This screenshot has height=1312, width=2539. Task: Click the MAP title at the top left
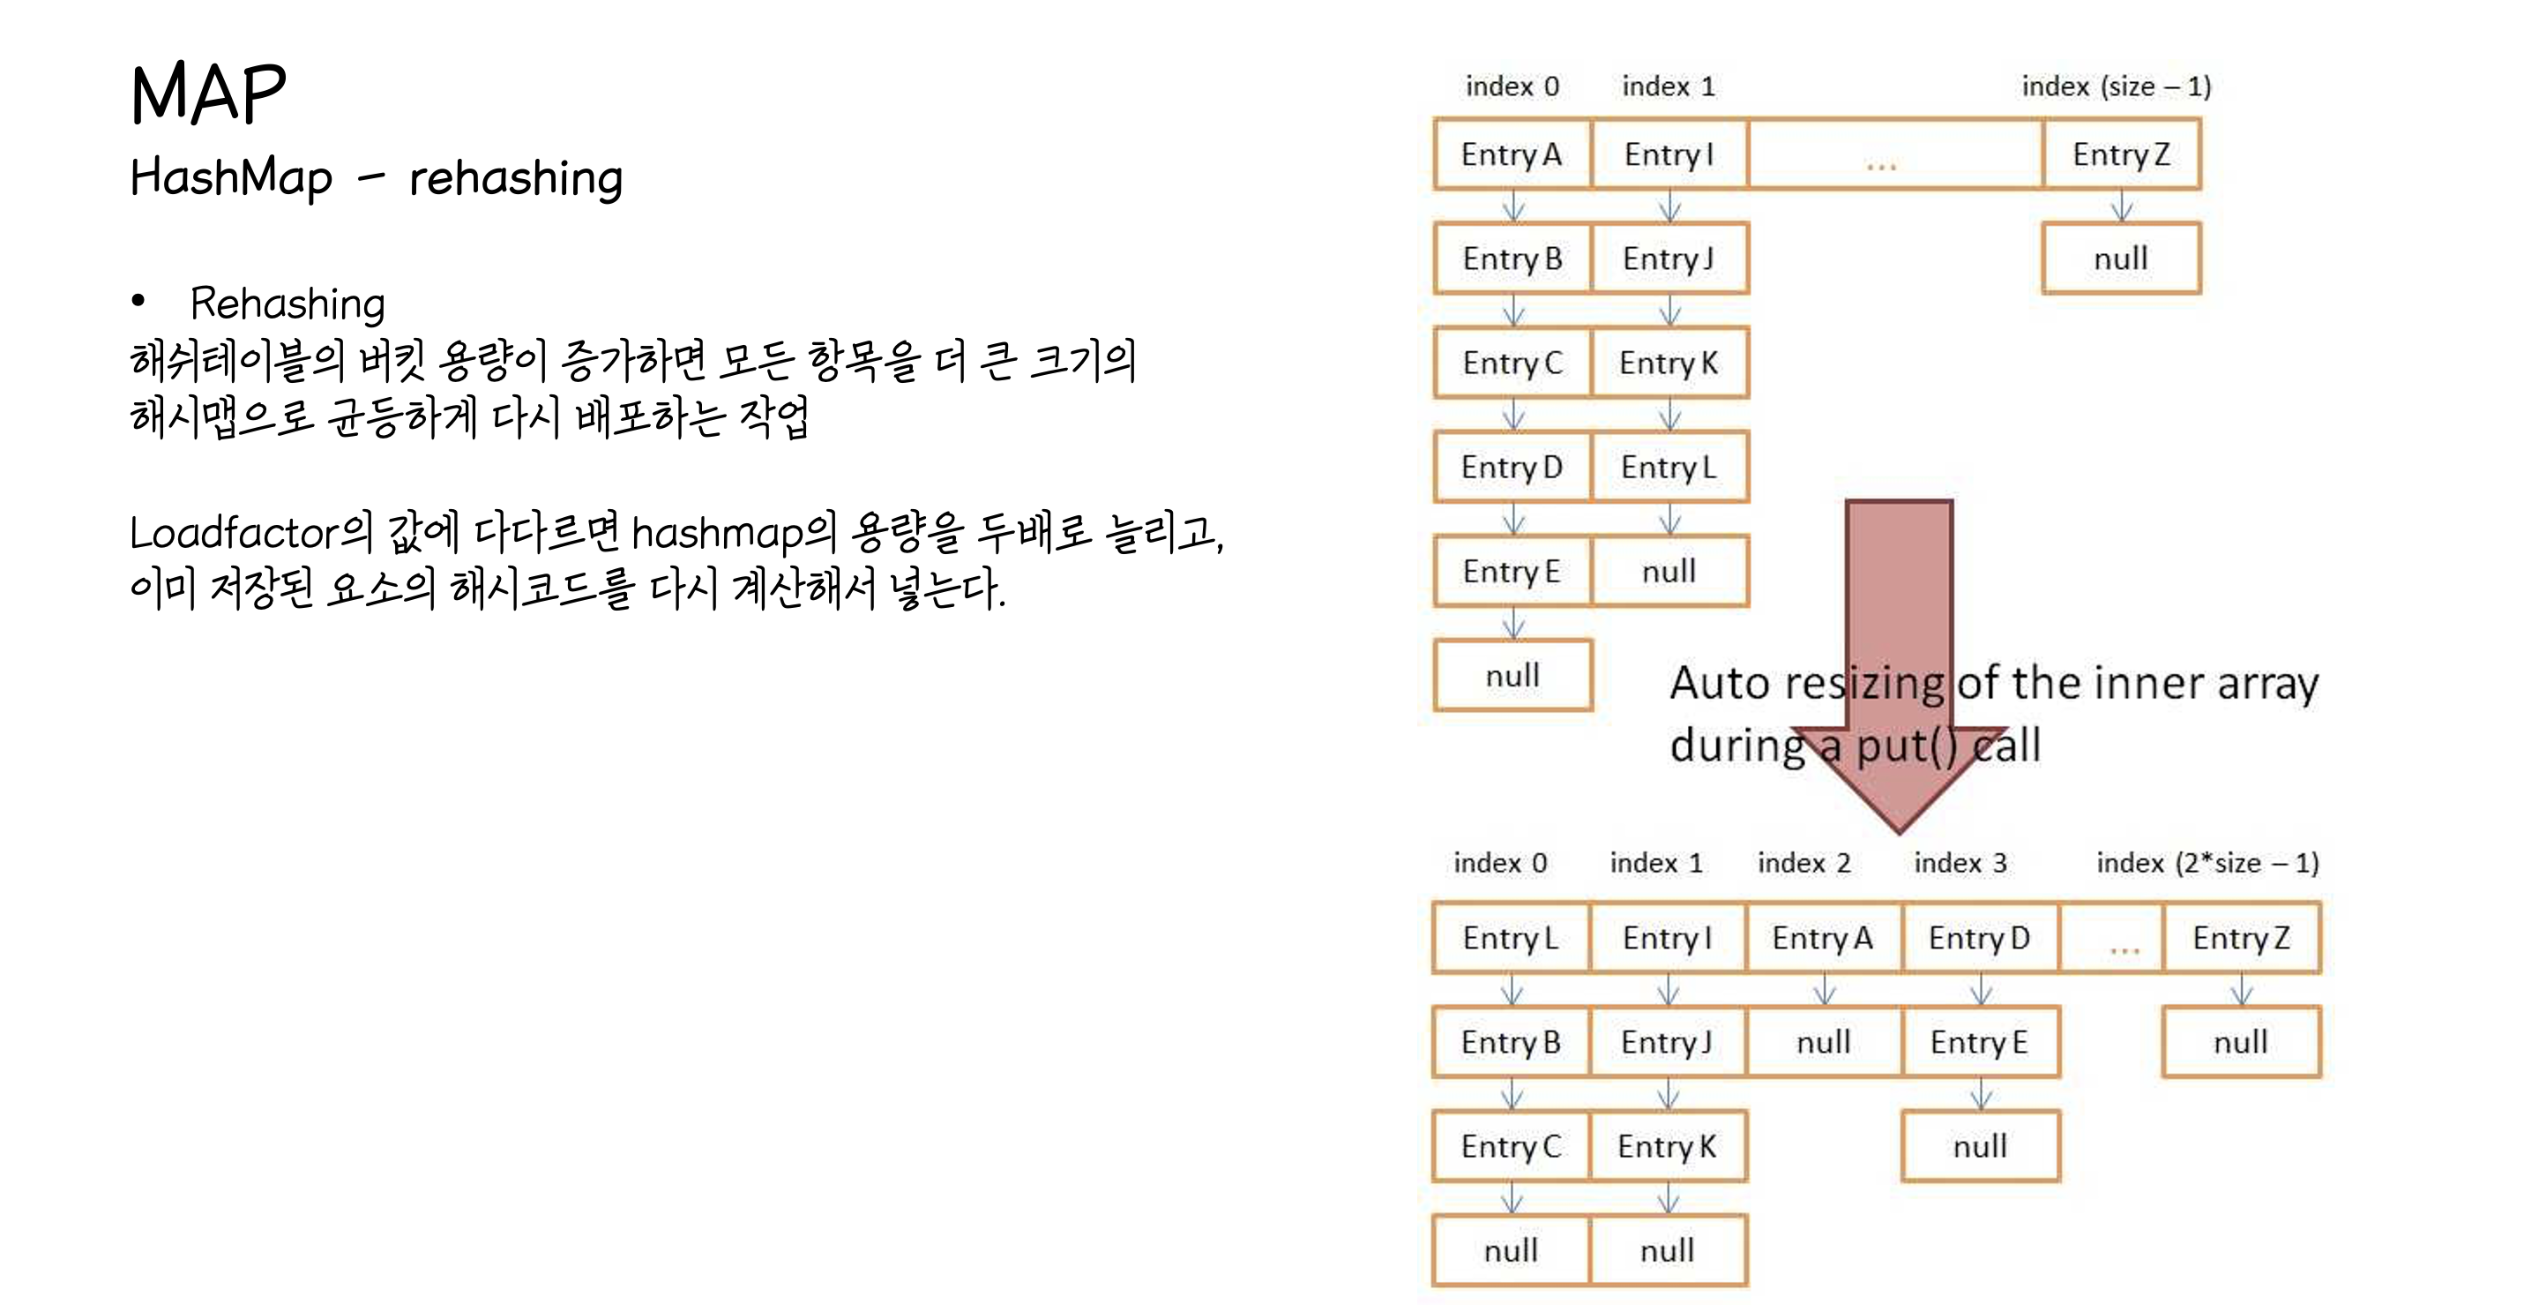click(208, 94)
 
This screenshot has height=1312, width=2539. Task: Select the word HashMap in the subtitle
click(231, 178)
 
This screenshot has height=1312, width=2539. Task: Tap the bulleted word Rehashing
click(287, 304)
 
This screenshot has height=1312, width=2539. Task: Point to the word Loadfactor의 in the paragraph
click(250, 533)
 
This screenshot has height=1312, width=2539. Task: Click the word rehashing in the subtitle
click(516, 178)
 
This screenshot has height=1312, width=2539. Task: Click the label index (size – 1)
click(2117, 86)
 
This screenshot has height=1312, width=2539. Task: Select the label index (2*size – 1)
click(2207, 864)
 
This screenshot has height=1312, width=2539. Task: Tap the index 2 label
click(1803, 864)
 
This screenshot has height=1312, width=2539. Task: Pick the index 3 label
click(1960, 864)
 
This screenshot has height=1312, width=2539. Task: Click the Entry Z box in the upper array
click(2121, 154)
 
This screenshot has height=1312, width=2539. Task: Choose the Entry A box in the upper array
click(1512, 154)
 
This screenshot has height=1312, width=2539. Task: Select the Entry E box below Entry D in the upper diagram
click(1512, 572)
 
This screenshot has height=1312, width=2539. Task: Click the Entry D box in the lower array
click(1979, 939)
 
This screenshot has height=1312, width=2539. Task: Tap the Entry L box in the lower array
click(1510, 939)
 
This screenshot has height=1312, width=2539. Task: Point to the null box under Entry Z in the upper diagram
click(2121, 259)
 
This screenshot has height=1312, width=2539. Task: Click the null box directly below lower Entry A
click(1824, 1043)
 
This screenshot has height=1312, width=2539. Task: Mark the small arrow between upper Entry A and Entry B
click(1513, 207)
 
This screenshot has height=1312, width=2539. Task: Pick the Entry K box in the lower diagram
click(1667, 1147)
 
